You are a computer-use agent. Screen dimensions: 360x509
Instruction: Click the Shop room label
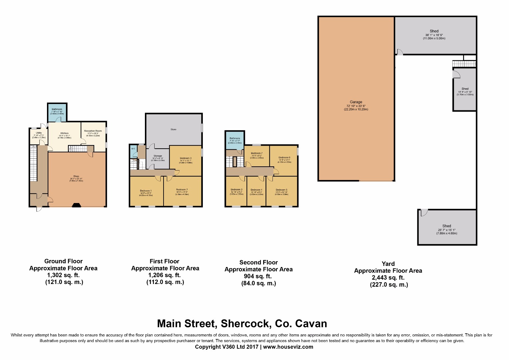coord(76,176)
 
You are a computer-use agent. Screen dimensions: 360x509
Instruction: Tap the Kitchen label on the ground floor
coord(64,133)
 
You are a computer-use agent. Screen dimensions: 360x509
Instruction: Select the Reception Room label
coord(93,131)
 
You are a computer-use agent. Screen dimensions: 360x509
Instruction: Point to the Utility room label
coord(39,133)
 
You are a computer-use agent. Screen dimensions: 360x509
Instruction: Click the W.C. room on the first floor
coord(133,149)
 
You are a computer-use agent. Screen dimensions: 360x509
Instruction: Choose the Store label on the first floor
coord(174,129)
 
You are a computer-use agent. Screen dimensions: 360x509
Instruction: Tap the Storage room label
coord(158,156)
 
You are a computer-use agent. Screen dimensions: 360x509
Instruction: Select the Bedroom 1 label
coord(146,191)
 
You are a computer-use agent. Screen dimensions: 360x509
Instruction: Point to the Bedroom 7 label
coord(256,153)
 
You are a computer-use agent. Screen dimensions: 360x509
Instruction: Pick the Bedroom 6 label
coord(284,158)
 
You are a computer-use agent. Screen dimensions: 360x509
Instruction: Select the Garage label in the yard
coord(356,102)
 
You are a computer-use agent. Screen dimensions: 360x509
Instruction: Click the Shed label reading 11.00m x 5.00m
coord(434,31)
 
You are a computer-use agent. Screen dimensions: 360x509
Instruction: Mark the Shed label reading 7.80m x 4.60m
coord(447,226)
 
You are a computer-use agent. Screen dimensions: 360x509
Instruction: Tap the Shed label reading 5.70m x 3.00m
coord(465,89)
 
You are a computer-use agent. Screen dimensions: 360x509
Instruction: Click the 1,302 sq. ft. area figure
coord(63,275)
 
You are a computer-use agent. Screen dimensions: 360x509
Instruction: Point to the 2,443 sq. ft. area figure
coord(388,278)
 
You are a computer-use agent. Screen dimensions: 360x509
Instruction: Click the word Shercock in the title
coord(245,324)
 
